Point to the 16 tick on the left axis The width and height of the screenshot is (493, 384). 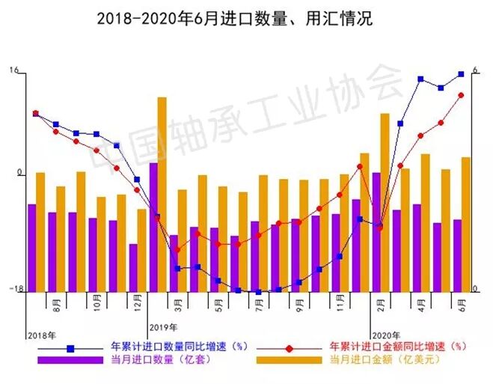tap(14, 72)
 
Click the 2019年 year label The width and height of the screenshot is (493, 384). tap(163, 327)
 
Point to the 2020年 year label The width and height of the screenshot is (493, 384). tap(386, 335)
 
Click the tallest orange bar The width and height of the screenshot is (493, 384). tap(162, 194)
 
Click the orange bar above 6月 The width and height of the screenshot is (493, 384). tap(465, 224)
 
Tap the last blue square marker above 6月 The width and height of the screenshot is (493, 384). tap(461, 74)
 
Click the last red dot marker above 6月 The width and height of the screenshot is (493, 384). tap(461, 95)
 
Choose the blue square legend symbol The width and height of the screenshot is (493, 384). tap(71, 348)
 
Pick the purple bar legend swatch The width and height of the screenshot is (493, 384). tap(70, 360)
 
